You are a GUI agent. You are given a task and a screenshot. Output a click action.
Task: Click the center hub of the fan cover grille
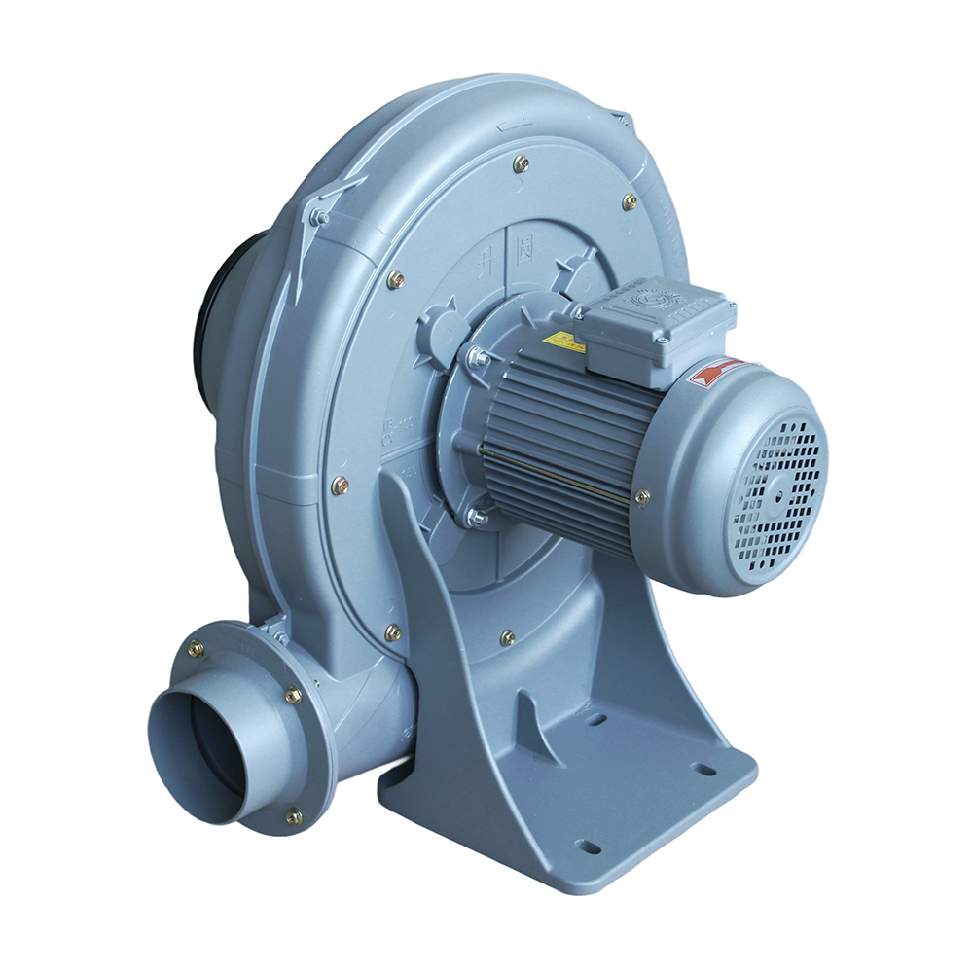tap(779, 490)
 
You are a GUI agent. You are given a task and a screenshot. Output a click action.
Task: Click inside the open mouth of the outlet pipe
tap(199, 754)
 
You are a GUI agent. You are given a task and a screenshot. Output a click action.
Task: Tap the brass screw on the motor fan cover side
tap(642, 497)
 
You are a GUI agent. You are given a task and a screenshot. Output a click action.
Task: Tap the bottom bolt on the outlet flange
tap(293, 816)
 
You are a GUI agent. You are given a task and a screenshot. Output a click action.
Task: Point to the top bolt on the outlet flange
tap(196, 647)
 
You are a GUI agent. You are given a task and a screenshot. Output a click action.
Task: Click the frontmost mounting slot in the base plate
tap(588, 845)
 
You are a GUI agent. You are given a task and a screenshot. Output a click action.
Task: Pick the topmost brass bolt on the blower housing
tap(521, 163)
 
